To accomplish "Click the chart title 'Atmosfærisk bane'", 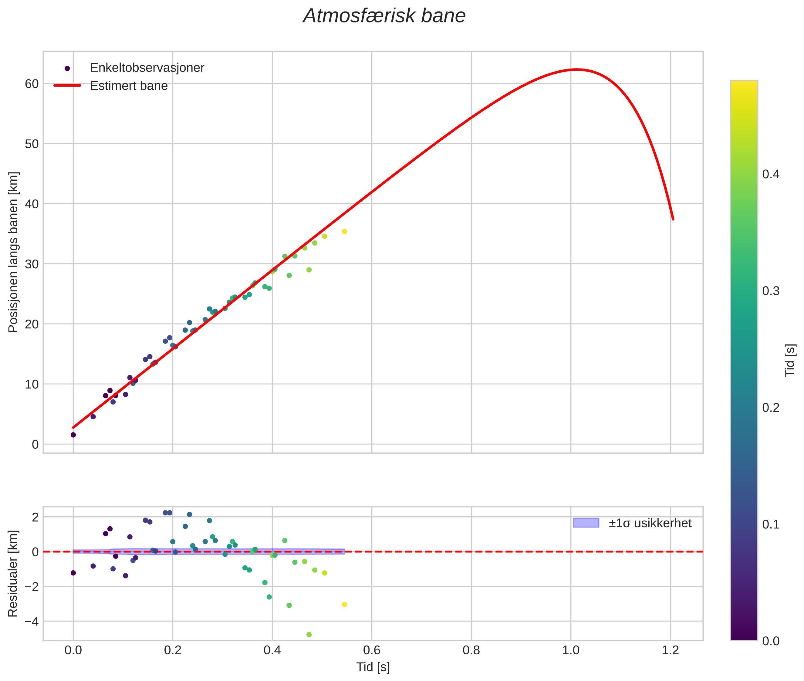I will coord(384,16).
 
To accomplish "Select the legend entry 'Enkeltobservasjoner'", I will coord(147,68).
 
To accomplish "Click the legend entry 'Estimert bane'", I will coord(129,86).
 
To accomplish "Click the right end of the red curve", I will coord(673,219).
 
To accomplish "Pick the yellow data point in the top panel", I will coord(344,232).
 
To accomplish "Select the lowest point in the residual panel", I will coord(309,635).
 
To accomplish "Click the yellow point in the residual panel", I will coord(344,604).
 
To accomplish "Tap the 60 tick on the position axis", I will coord(32,84).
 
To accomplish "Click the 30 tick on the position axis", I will coord(32,264).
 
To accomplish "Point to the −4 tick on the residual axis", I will coord(29,621).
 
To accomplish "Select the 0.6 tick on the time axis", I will coord(372,650).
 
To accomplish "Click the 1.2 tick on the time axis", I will coord(670,650).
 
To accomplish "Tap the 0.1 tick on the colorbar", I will coord(771,525).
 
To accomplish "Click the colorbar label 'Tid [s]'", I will coord(790,360).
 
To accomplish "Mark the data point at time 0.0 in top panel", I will coord(73,435).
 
